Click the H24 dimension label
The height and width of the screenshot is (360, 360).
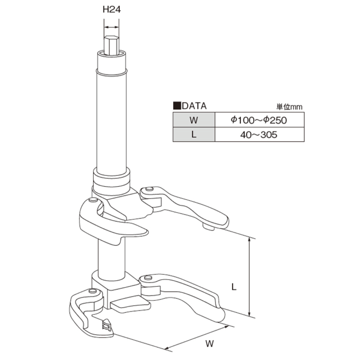tap(112, 9)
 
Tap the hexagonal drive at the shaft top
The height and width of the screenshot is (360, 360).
tap(112, 45)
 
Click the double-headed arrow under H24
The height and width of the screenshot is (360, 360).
tap(112, 27)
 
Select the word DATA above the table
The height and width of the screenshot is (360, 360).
tap(194, 106)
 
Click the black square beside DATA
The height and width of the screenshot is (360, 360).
tap(177, 106)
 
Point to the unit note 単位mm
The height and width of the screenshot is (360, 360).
tap(289, 107)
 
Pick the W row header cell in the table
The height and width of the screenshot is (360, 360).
tap(194, 120)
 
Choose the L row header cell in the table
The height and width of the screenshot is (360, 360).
tap(194, 135)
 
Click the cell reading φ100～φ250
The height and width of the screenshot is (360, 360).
tap(259, 120)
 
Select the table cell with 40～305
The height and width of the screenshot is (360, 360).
tap(259, 135)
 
